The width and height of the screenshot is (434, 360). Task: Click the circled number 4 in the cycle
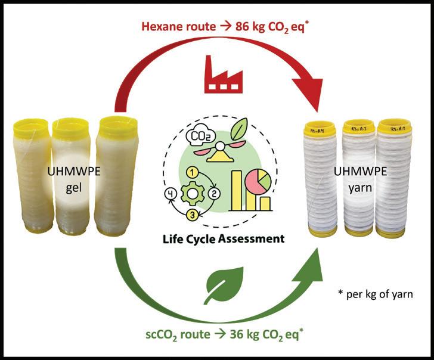169,193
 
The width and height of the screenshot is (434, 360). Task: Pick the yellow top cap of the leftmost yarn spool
322,128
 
